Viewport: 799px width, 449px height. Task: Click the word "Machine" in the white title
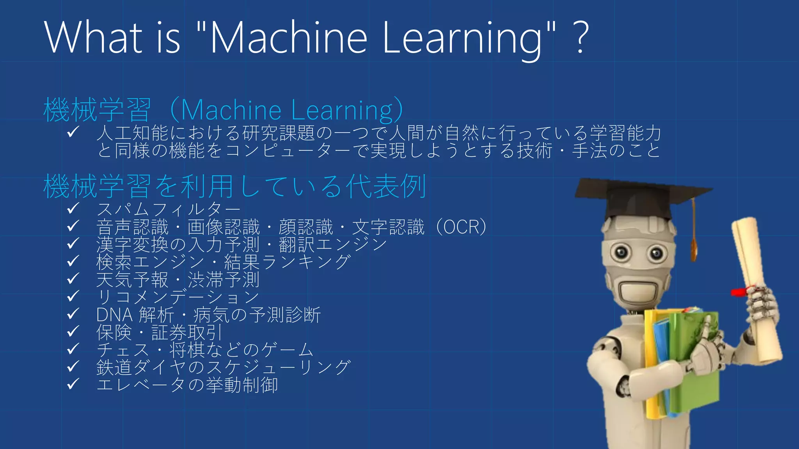pos(289,37)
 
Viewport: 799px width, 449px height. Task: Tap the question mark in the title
pos(581,37)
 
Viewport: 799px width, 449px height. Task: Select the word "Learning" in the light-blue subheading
pos(342,110)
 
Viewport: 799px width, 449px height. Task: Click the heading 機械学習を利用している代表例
pos(234,186)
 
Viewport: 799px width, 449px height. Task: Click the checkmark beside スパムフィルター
pos(73,209)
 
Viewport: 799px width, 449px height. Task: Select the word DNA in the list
pos(114,315)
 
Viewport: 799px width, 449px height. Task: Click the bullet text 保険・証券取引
pos(159,332)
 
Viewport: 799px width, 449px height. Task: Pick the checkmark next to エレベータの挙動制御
pos(73,384)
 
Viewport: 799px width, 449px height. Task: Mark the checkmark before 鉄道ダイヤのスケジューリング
pos(73,367)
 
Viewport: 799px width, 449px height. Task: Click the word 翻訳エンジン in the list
pos(333,245)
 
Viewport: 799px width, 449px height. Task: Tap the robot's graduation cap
pos(640,197)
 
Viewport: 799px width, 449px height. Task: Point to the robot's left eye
pos(621,252)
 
